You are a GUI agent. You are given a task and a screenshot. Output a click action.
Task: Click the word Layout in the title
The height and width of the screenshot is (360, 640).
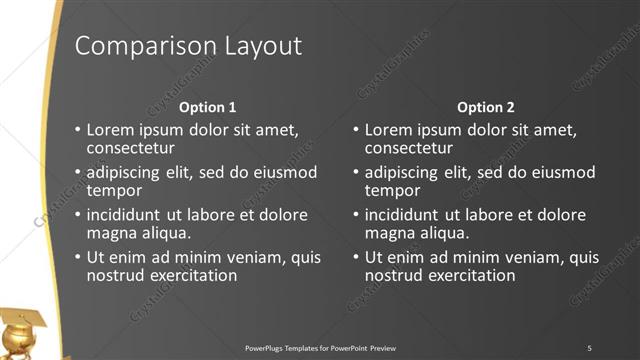(x=255, y=47)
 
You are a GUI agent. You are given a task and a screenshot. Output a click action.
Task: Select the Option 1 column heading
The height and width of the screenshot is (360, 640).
(x=207, y=107)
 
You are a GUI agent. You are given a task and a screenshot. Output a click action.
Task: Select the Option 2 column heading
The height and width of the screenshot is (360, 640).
(x=485, y=107)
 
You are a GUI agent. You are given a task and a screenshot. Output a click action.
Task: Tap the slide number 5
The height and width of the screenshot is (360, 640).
(x=589, y=347)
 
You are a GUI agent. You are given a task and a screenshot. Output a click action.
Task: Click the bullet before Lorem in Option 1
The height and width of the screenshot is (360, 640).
(x=77, y=130)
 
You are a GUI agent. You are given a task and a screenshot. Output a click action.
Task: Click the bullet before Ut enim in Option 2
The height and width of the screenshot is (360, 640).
(x=355, y=257)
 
